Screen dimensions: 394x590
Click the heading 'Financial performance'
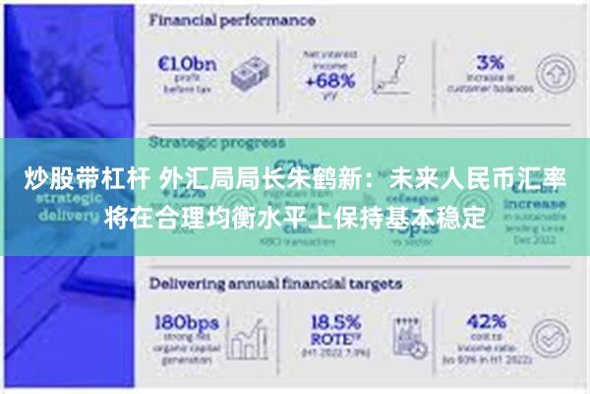pos(232,19)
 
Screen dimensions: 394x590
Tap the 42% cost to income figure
pos(484,323)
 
